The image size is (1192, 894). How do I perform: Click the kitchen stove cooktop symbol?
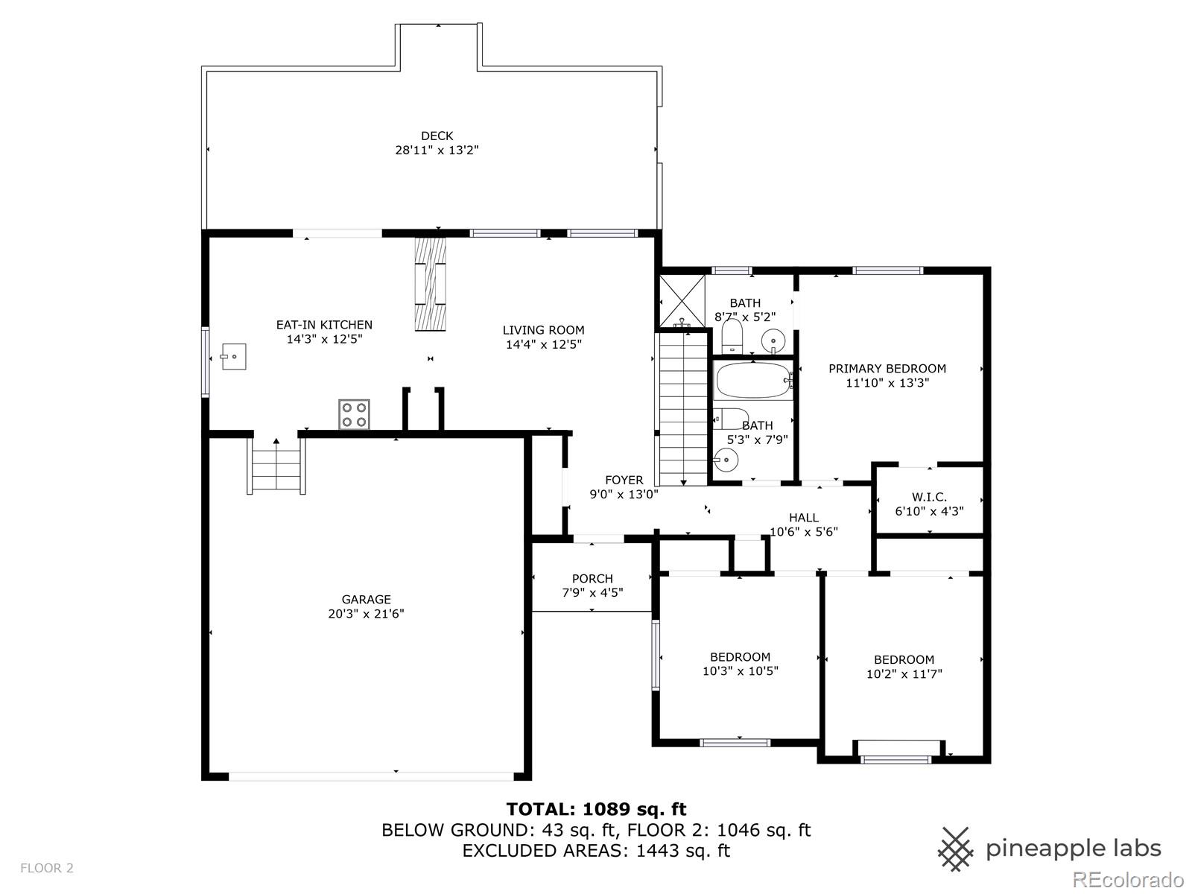pos(354,414)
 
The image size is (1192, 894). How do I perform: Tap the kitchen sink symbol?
pos(234,357)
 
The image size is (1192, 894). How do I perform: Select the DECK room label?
pos(437,136)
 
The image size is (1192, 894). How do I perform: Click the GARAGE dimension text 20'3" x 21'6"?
pos(367,614)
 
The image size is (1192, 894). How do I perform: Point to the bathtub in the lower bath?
pos(752,381)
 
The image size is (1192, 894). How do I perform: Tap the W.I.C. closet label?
pos(929,497)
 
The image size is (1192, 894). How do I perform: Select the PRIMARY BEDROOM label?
pos(887,368)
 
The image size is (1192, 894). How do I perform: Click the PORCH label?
pos(592,578)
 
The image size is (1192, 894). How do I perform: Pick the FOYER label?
pos(624,480)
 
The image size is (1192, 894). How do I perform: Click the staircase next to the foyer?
pos(682,408)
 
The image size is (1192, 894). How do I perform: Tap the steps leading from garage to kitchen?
pos(276,466)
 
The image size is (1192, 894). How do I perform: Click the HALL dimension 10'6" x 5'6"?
pos(804,532)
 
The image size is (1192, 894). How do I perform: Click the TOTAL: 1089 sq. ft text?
pos(596,809)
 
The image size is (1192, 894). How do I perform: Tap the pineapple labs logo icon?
pos(955,849)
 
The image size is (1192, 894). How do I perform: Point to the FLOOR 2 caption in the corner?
pos(47,868)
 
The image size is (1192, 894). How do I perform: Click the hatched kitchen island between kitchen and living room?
pos(430,285)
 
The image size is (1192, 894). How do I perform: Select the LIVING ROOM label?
pos(543,330)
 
